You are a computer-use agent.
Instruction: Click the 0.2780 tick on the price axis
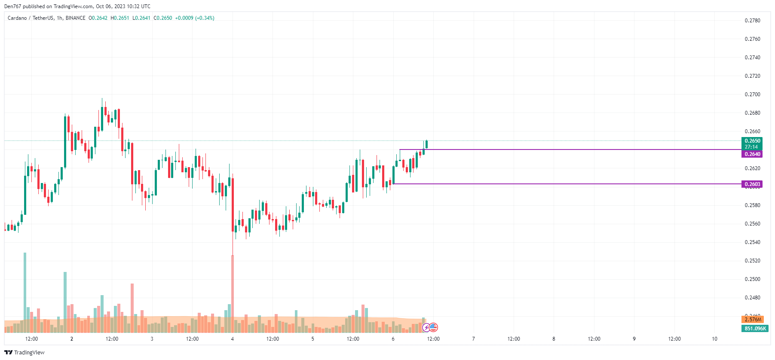(752, 21)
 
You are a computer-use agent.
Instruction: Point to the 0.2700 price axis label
(752, 95)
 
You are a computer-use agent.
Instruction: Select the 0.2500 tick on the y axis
(752, 279)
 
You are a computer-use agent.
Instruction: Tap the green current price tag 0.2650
(752, 141)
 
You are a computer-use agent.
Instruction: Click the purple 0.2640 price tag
(752, 154)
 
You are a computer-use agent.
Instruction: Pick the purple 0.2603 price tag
(752, 184)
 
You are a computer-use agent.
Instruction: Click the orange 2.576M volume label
(753, 320)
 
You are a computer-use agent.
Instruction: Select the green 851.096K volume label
(755, 329)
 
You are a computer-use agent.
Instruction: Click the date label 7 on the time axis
(473, 339)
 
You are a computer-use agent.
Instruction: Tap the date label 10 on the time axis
(714, 339)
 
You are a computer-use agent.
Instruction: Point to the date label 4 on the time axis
(232, 339)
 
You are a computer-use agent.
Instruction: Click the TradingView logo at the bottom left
(25, 353)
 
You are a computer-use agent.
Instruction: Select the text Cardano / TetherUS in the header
(31, 18)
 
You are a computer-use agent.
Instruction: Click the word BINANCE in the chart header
(76, 18)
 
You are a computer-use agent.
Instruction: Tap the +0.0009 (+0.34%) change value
(195, 18)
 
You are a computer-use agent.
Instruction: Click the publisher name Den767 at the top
(12, 6)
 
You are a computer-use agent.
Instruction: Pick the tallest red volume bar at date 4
(233, 294)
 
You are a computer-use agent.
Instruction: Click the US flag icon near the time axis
(433, 327)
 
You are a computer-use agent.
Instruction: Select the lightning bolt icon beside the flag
(426, 328)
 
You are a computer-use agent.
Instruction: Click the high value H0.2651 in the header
(119, 18)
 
